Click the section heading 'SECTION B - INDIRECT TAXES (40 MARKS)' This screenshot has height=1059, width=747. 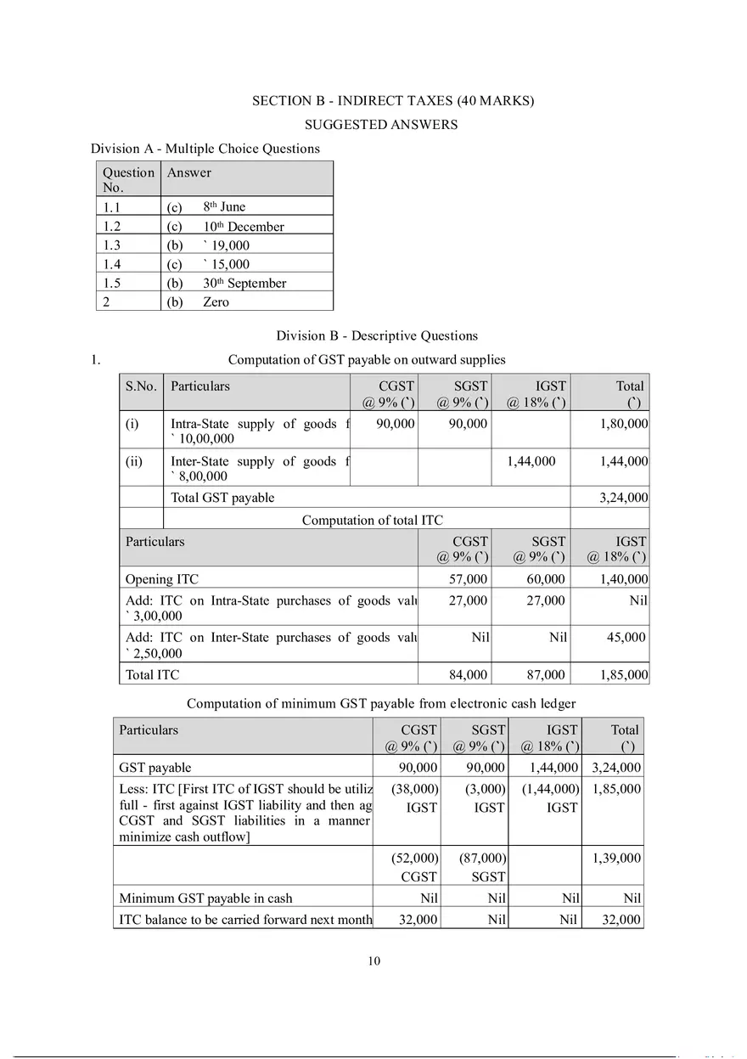pyautogui.click(x=393, y=101)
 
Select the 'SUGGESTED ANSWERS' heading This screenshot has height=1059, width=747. pyautogui.click(x=381, y=125)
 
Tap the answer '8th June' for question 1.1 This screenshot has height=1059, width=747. pyautogui.click(x=224, y=207)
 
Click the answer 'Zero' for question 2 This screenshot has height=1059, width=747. pyautogui.click(x=216, y=302)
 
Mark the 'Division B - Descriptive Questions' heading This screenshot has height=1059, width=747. pyautogui.click(x=377, y=335)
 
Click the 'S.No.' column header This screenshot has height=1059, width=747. pyautogui.click(x=141, y=386)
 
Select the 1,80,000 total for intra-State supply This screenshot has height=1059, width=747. pyautogui.click(x=623, y=424)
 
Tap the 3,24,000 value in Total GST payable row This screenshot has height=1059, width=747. pyautogui.click(x=623, y=498)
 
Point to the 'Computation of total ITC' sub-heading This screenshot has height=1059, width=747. pyautogui.click(x=372, y=520)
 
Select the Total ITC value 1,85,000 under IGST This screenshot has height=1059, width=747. pyautogui.click(x=623, y=675)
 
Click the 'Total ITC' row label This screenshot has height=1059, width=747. pyautogui.click(x=153, y=675)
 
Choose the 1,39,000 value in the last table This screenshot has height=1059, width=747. pyautogui.click(x=616, y=859)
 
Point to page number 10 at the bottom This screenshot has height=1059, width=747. pyautogui.click(x=374, y=961)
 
